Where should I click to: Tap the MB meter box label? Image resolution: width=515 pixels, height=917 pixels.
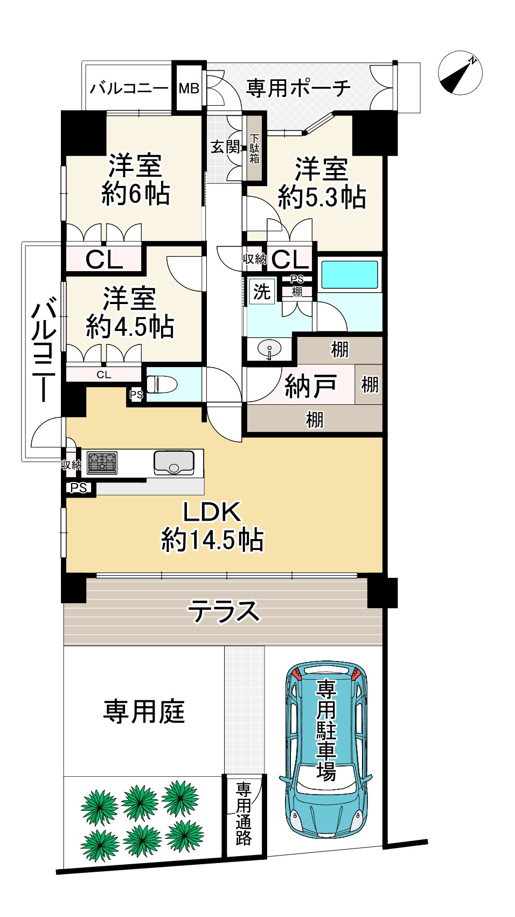(189, 88)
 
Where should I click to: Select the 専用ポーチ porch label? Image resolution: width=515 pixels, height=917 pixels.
(298, 88)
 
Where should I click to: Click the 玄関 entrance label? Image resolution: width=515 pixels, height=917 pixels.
(225, 147)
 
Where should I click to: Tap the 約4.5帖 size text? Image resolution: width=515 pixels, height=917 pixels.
(130, 327)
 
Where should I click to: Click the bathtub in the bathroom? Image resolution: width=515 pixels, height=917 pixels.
(350, 275)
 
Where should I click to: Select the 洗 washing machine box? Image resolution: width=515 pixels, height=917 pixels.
(261, 292)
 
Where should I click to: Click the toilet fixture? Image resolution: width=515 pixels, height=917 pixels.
(162, 385)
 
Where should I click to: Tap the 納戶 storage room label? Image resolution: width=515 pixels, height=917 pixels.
(311, 386)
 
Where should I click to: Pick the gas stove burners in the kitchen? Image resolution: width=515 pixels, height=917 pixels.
(102, 463)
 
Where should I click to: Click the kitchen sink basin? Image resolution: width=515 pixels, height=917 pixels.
(174, 463)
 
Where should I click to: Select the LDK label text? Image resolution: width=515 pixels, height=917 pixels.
(212, 512)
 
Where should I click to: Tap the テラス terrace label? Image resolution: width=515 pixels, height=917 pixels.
(224, 611)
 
